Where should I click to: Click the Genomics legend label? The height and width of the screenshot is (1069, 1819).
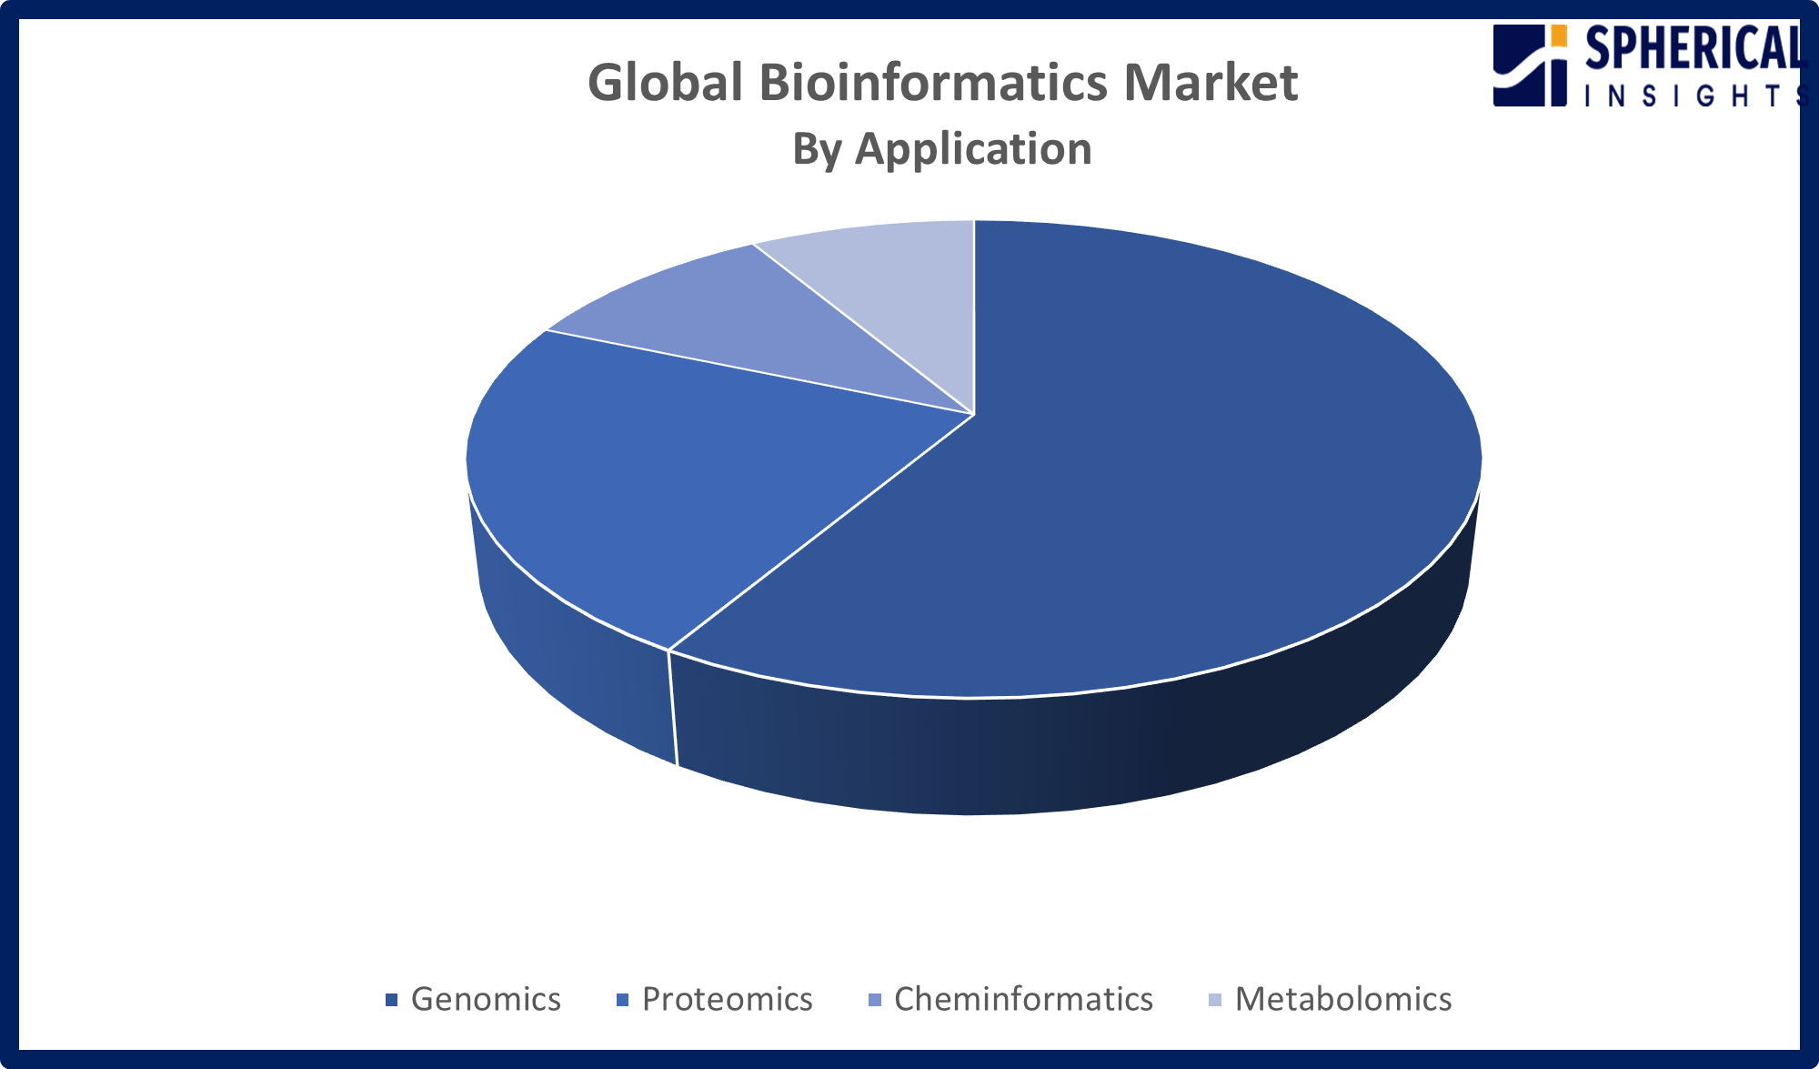pos(486,999)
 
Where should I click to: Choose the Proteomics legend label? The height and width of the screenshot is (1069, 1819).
pos(727,999)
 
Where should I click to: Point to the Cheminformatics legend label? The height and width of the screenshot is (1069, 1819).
pos(1023,999)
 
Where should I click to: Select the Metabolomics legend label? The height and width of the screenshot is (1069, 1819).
pos(1342,999)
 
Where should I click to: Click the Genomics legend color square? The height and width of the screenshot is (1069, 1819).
pos(392,1000)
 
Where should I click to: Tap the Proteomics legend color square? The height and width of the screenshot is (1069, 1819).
pos(623,1000)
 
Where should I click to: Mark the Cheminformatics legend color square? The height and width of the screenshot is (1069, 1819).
pos(875,1000)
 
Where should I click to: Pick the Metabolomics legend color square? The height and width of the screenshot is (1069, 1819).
pos(1216,1000)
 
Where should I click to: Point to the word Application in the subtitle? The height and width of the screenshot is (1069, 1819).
pos(973,148)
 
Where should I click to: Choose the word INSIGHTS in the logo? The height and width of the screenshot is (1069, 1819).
pos(1692,96)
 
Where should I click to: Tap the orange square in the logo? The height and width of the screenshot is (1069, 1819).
pos(1559,35)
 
